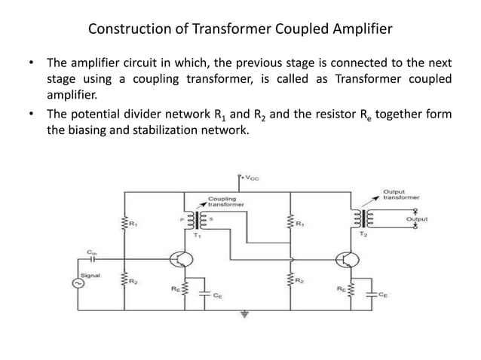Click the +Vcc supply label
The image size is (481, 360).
(246, 179)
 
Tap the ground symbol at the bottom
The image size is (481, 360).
(244, 316)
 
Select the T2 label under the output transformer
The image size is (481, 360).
(364, 235)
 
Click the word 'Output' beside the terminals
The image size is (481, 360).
(416, 219)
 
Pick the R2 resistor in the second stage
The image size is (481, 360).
(290, 281)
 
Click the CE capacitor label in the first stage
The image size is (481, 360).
(217, 296)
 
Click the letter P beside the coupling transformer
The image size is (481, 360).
(182, 221)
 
